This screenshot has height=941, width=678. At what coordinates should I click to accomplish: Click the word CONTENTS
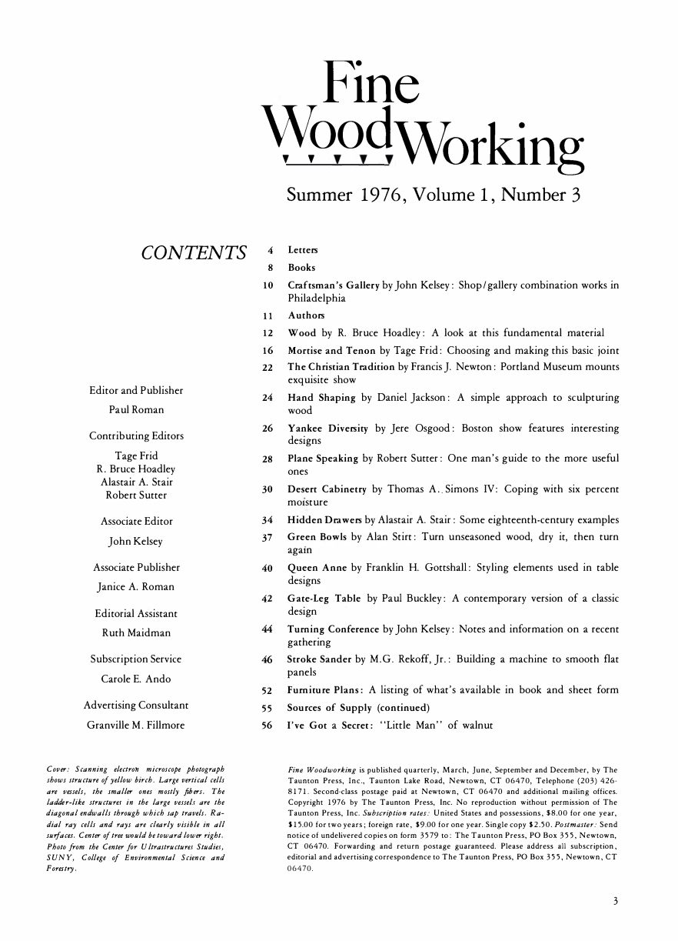pyautogui.click(x=193, y=252)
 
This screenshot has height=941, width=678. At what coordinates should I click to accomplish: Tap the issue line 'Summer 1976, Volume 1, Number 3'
pyautogui.click(x=432, y=195)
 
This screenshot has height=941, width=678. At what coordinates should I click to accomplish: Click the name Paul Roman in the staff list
pyautogui.click(x=137, y=409)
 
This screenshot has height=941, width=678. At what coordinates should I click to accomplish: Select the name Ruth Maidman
pyautogui.click(x=136, y=632)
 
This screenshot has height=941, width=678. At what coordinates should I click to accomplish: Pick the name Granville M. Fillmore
pyautogui.click(x=136, y=724)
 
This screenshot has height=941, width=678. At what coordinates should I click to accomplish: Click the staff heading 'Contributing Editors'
pyautogui.click(x=136, y=436)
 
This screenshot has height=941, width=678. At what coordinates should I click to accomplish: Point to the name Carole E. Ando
pyautogui.click(x=136, y=679)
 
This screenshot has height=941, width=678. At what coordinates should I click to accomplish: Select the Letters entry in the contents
pyautogui.click(x=302, y=251)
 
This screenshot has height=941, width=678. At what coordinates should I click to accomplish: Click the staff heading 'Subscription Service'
pyautogui.click(x=136, y=659)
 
